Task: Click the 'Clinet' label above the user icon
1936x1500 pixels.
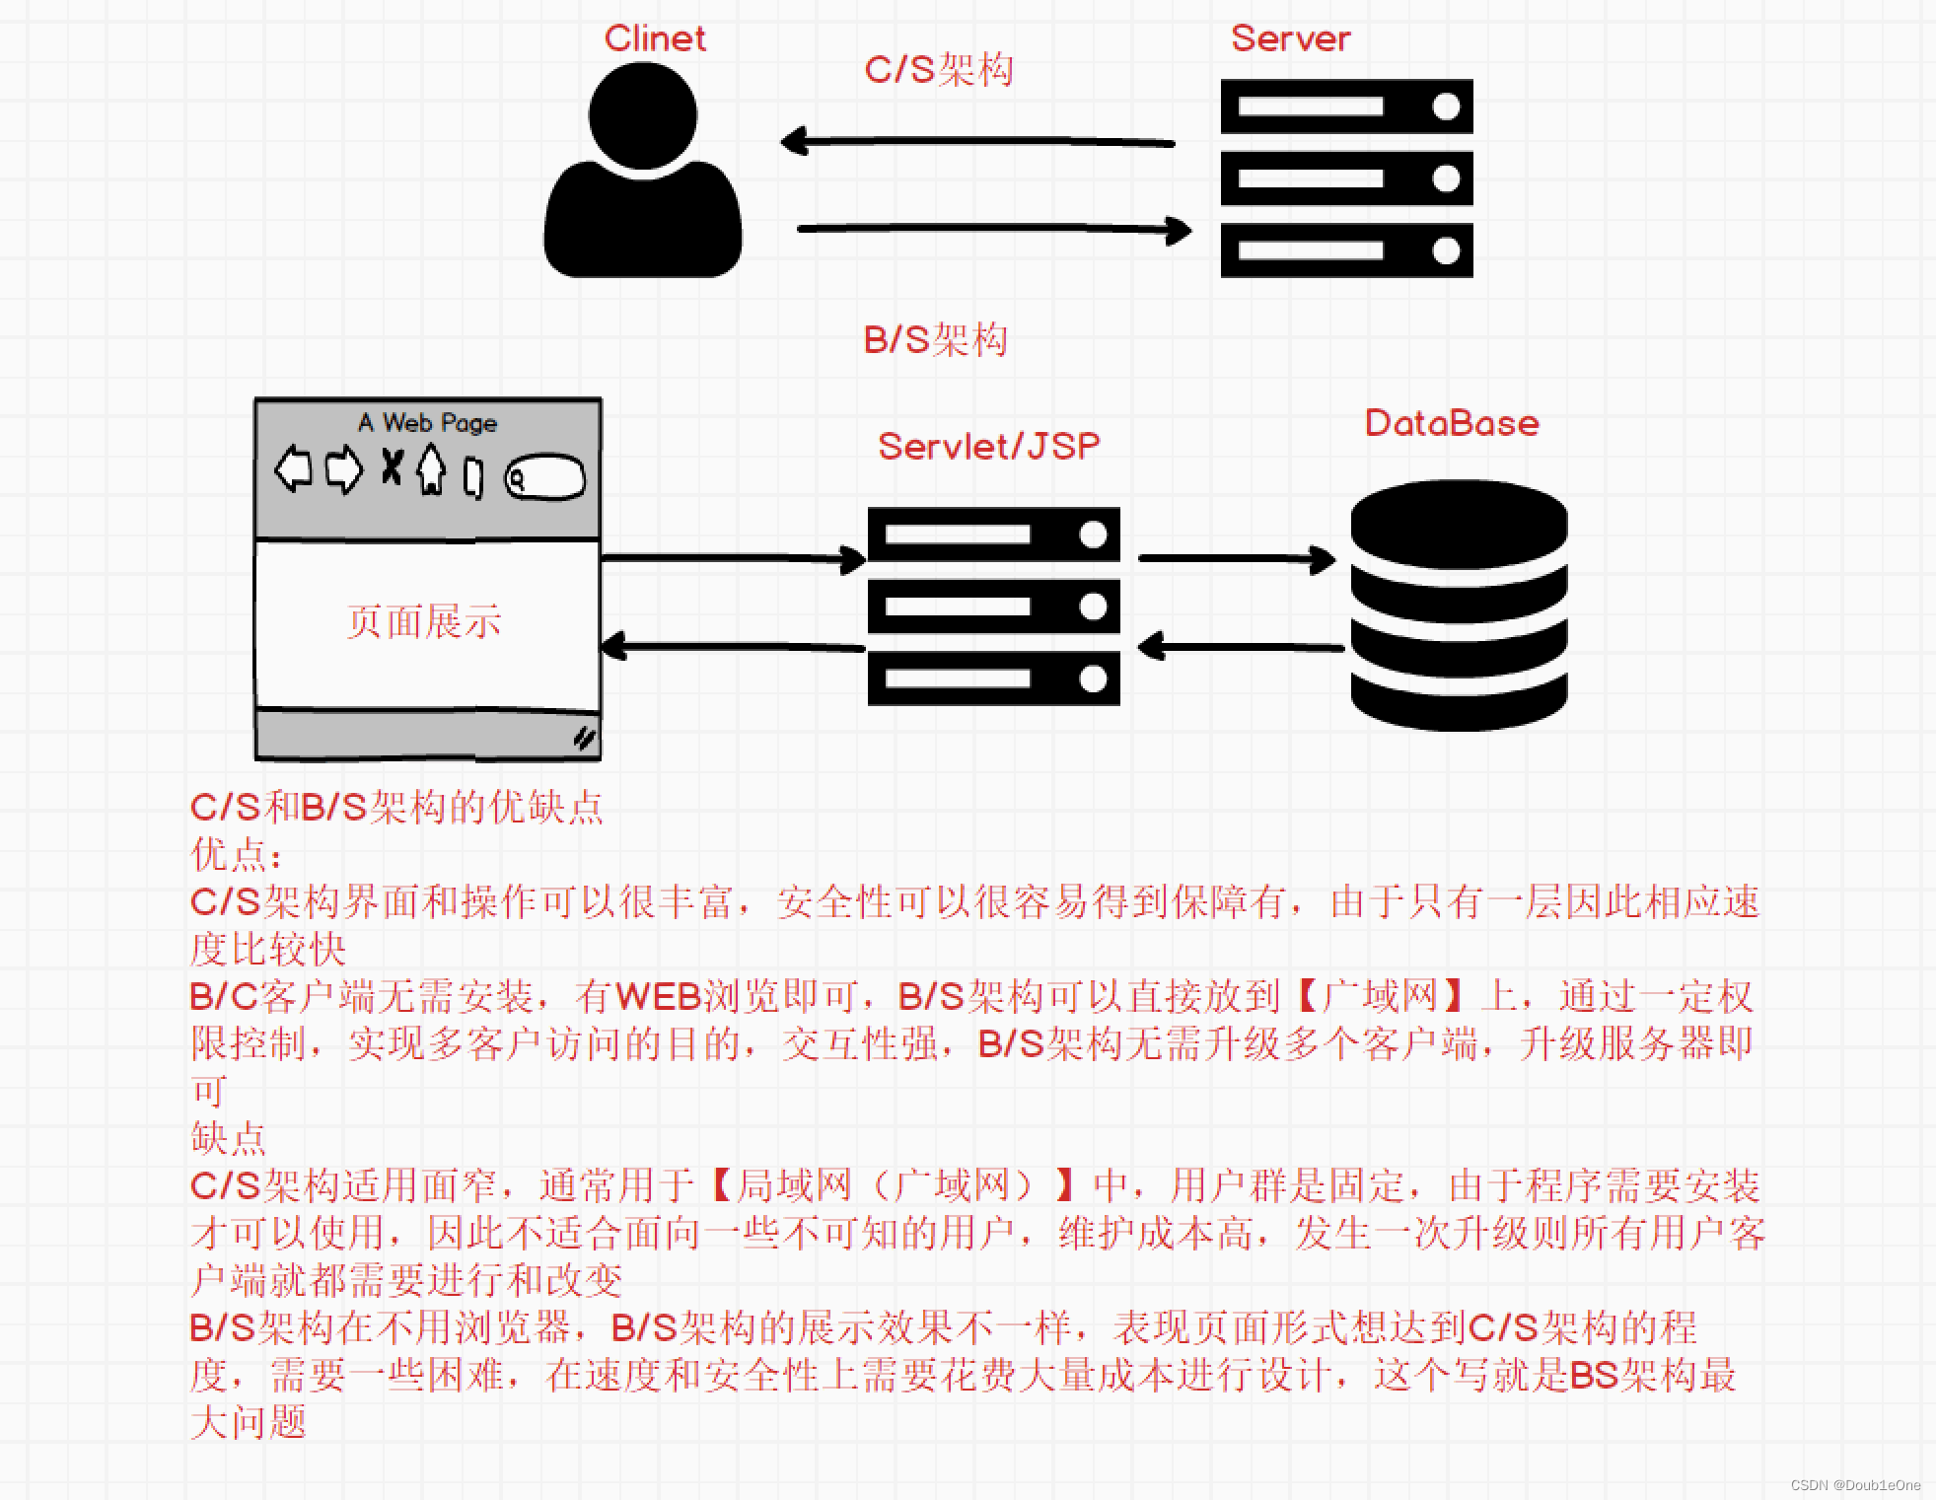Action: [655, 38]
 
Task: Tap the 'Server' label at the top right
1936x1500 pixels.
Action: [1290, 38]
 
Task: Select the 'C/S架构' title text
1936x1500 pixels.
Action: [938, 70]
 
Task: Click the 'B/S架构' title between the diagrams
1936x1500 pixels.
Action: [935, 340]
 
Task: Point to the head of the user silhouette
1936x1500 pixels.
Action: [643, 115]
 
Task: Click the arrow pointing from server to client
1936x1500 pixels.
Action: [976, 142]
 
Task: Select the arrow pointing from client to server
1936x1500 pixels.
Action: [994, 230]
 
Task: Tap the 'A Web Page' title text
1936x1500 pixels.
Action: [427, 423]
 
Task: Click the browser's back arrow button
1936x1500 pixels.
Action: [293, 468]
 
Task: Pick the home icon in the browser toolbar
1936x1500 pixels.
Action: [431, 468]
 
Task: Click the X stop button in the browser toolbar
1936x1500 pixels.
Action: [392, 467]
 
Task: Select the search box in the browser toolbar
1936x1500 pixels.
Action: [544, 478]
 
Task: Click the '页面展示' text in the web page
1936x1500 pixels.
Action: [424, 622]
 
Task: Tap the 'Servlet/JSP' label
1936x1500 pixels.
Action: [988, 447]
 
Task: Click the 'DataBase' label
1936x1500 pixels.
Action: [1452, 423]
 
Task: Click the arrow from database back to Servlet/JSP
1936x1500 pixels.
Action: [1241, 648]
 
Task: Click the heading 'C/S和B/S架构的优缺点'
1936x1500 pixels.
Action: [396, 808]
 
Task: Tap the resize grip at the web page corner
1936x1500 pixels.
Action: [584, 738]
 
